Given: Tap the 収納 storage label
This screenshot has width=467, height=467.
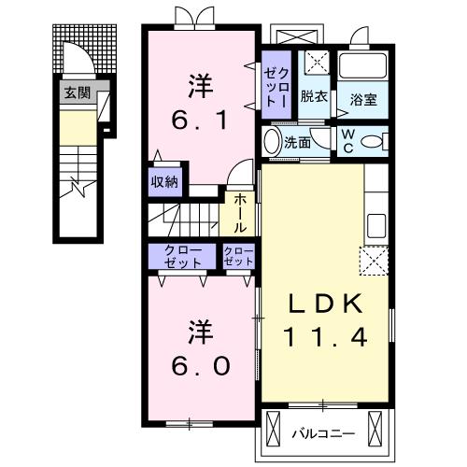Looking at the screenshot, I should pos(164,182).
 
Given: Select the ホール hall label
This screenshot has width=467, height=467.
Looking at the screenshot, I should pos(240,213).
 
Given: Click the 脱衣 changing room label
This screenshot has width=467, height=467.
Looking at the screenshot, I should pos(313,96).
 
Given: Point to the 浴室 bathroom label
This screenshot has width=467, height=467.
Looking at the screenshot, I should pos(363,99).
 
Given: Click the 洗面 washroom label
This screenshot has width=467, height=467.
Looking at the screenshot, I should pos(297,143).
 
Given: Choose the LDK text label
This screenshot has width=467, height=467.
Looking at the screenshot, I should pos(322,304).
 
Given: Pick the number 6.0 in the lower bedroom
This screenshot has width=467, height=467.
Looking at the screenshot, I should pos(198,362).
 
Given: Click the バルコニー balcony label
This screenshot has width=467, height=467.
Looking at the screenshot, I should pos(323,432).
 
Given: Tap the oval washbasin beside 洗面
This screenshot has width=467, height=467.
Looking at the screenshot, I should pos(271,142).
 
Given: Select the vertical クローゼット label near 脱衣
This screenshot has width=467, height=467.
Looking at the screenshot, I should pos(278,86).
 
